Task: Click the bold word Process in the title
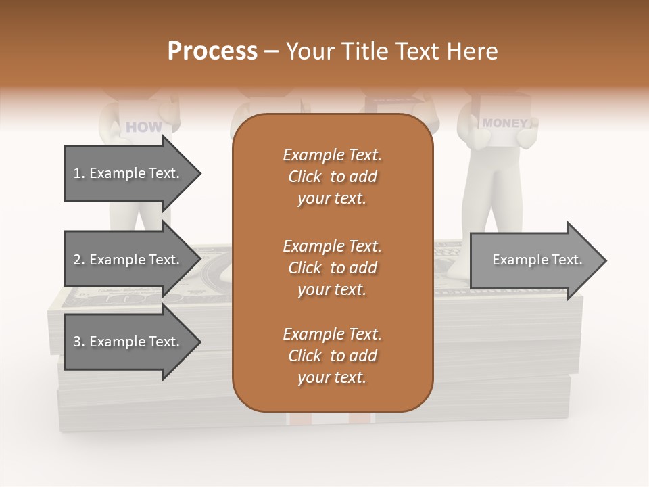click(x=212, y=51)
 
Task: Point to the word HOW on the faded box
click(x=144, y=126)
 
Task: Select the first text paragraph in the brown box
click(x=332, y=177)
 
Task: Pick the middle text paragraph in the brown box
click(x=332, y=268)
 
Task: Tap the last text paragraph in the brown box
click(x=332, y=356)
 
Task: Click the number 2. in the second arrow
click(x=79, y=260)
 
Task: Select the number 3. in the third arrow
click(x=79, y=342)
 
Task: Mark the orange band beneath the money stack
click(x=331, y=419)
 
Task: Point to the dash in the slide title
click(x=272, y=51)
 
